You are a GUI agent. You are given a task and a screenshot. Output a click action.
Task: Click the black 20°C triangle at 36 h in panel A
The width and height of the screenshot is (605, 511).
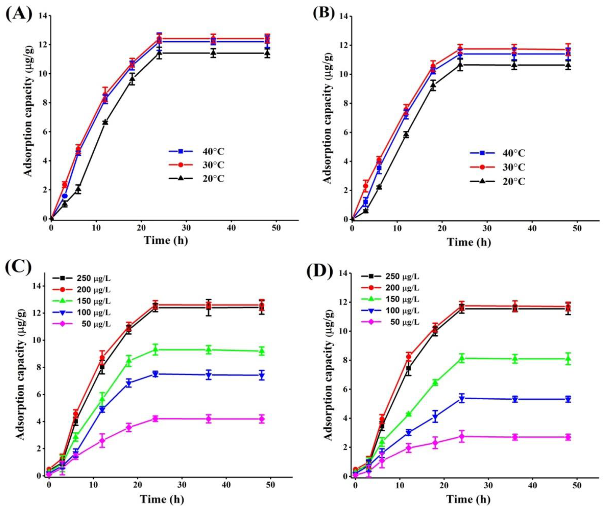click(x=213, y=53)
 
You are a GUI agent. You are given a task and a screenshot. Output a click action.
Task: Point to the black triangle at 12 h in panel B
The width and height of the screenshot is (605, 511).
click(x=406, y=134)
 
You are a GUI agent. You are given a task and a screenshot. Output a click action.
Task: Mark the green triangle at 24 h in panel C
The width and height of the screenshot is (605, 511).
click(x=155, y=350)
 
